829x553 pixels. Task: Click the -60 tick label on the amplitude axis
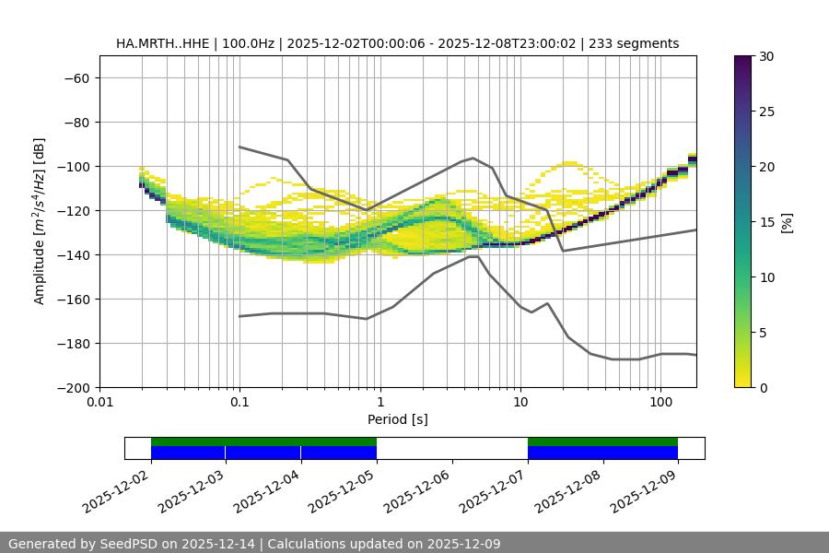[75, 78]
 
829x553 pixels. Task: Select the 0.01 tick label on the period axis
[99, 403]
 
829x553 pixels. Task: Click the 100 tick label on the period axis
[660, 403]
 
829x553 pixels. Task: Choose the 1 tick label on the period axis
[379, 403]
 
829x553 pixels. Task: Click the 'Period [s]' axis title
[397, 419]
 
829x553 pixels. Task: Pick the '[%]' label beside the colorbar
[787, 222]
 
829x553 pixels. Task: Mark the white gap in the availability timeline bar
[451, 448]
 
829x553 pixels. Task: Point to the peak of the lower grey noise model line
[473, 256]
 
